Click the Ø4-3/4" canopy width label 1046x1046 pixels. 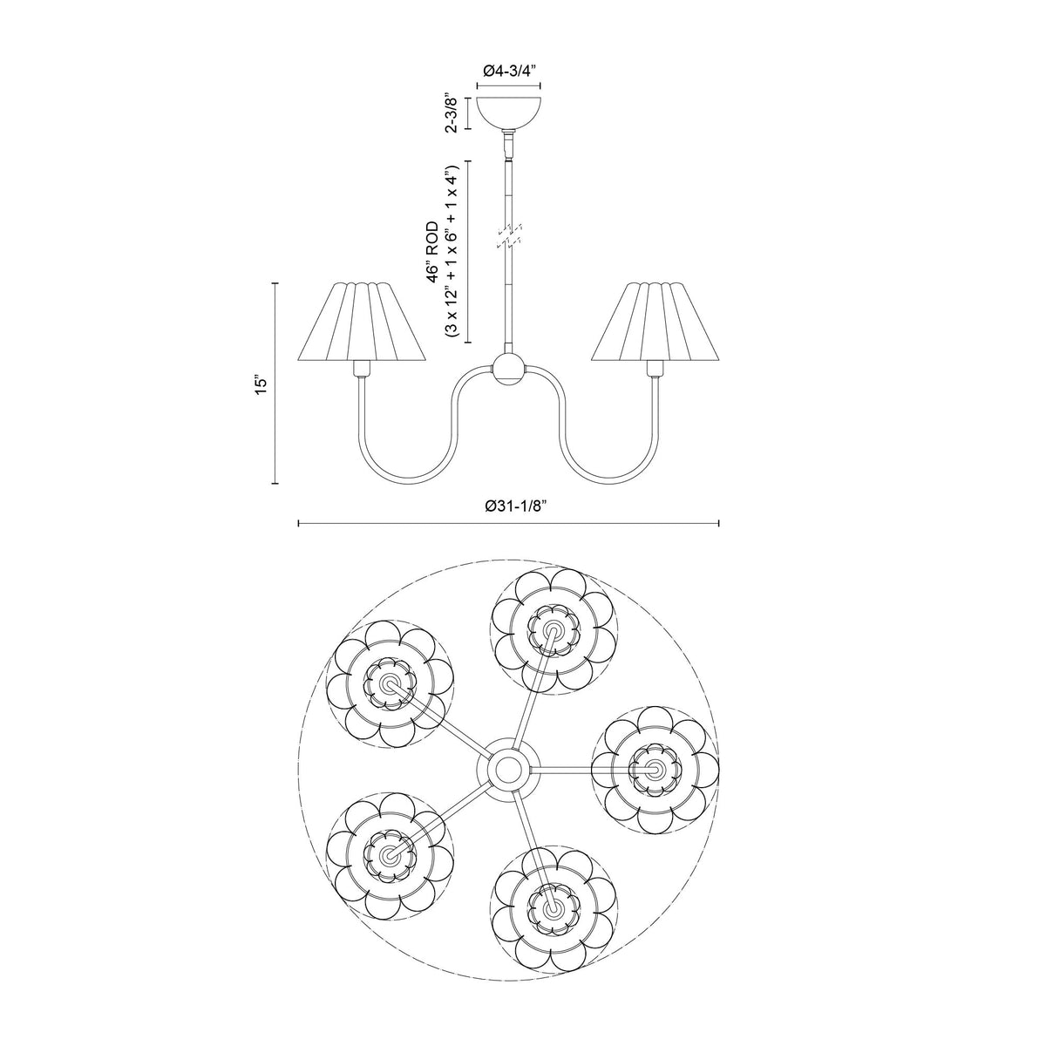(508, 71)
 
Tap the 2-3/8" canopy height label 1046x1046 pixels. (451, 114)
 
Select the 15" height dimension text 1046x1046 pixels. (261, 384)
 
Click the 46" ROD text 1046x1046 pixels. (432, 252)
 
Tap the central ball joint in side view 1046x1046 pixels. (508, 370)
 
